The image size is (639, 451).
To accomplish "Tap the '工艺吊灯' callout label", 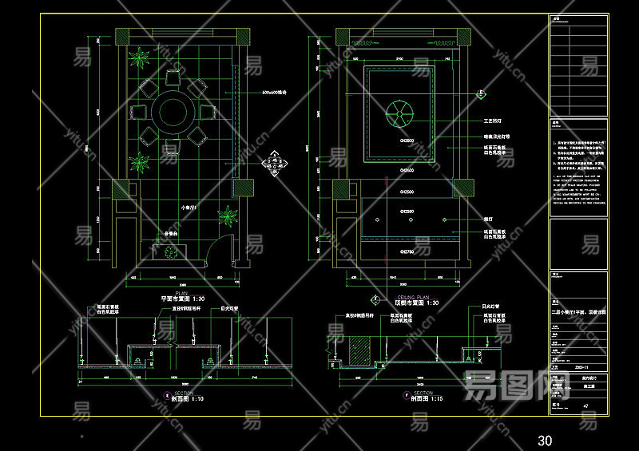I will pos(497,122).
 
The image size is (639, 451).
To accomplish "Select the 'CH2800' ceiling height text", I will pos(407,140).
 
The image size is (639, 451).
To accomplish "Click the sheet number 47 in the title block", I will pos(586,406).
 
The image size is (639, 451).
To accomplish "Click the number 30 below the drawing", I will pos(545,440).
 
